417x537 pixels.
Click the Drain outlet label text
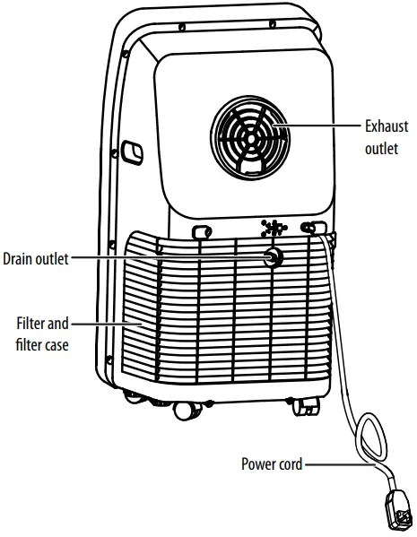pyautogui.click(x=36, y=258)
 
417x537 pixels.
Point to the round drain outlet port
pyautogui.click(x=270, y=258)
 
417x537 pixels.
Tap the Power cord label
pyautogui.click(x=272, y=464)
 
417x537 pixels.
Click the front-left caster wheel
pyautogui.click(x=185, y=410)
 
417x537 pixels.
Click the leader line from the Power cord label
pyautogui.click(x=336, y=464)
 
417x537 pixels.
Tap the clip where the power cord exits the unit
pyautogui.click(x=312, y=229)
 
